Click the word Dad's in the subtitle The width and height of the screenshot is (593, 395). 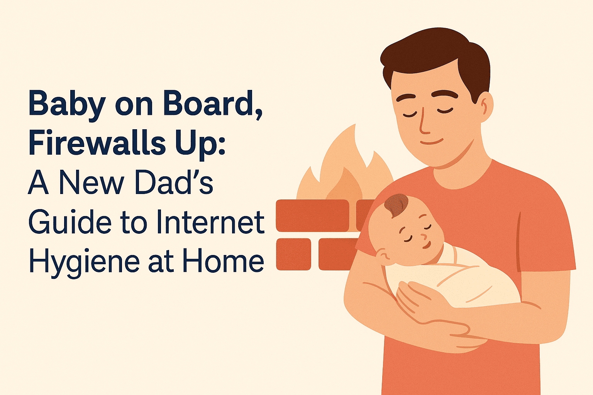(174, 182)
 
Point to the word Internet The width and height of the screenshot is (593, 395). (210, 222)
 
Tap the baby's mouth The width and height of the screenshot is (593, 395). (427, 245)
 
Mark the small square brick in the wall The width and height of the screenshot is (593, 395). (293, 254)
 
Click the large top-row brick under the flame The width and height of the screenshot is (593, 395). (312, 216)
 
